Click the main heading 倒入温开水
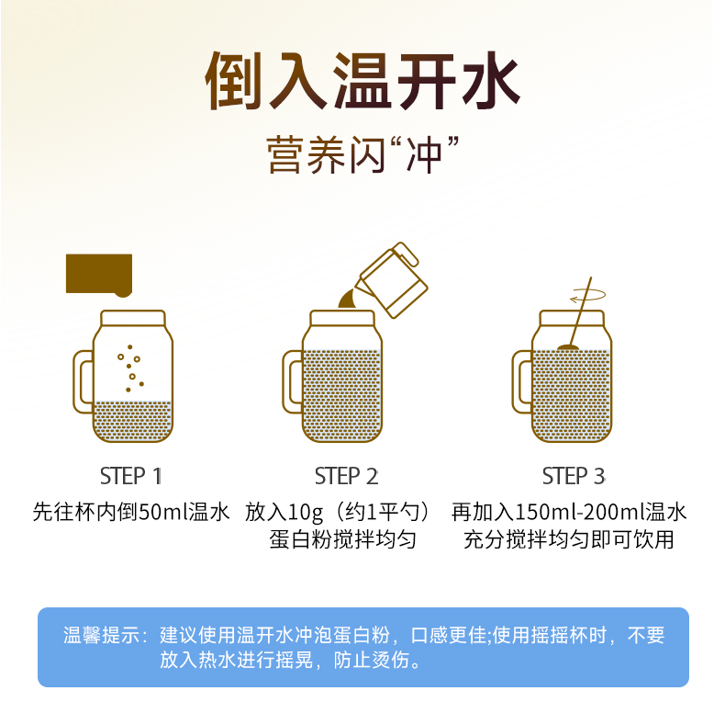tap(362, 81)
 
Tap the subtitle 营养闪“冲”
tap(362, 154)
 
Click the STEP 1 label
tap(131, 476)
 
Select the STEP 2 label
tap(346, 476)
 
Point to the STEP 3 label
tap(574, 476)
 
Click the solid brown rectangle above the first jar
tap(99, 275)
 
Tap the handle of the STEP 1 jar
tap(82, 381)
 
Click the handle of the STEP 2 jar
tap(291, 381)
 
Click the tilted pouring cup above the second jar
tap(394, 280)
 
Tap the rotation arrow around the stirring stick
tap(588, 295)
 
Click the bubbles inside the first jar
tap(131, 368)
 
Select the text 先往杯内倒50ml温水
tap(131, 512)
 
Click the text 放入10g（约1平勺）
tap(339, 512)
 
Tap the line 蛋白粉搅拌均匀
tap(342, 539)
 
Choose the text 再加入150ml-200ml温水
tap(569, 512)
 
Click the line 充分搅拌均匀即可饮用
tap(569, 539)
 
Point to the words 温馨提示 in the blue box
tap(102, 635)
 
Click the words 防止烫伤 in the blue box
tap(372, 660)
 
